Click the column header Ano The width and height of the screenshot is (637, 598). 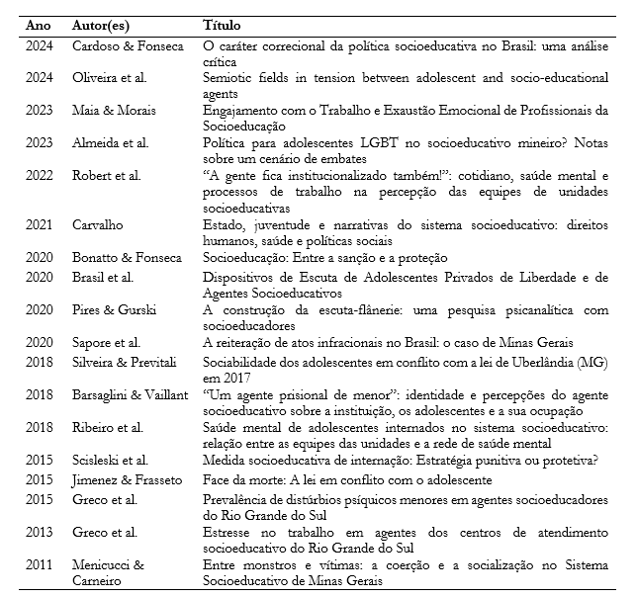pyautogui.click(x=39, y=24)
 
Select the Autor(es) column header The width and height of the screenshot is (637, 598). pyautogui.click(x=106, y=24)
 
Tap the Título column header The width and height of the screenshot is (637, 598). pyautogui.click(x=223, y=24)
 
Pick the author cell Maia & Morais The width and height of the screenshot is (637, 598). pyautogui.click(x=114, y=110)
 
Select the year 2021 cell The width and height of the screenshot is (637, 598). pyautogui.click(x=41, y=225)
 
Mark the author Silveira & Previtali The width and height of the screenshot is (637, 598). pyautogui.click(x=128, y=359)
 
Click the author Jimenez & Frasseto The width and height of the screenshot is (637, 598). pyautogui.click(x=128, y=479)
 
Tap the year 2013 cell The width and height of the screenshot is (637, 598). pyautogui.click(x=41, y=531)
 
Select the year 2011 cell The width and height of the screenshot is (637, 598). pyautogui.click(x=41, y=563)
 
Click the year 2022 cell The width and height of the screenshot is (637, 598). pyautogui.click(x=41, y=175)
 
